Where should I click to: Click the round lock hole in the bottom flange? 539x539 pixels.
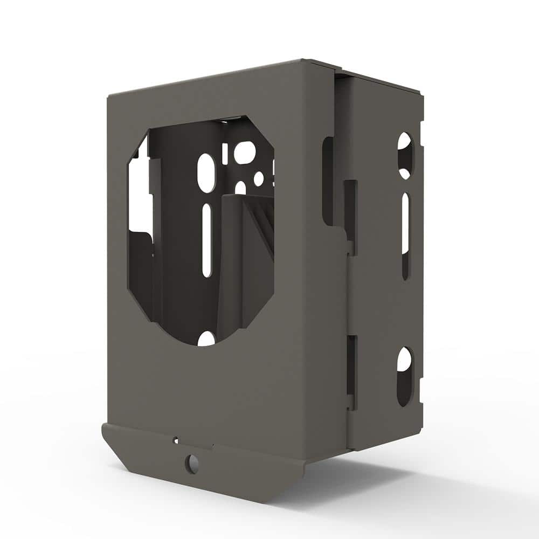[x=191, y=464]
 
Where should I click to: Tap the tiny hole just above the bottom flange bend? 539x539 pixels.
[x=175, y=440]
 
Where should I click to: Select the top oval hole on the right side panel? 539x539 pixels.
[x=405, y=155]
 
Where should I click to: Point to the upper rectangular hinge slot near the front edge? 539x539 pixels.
[x=350, y=210]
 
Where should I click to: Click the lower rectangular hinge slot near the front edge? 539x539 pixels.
[x=351, y=372]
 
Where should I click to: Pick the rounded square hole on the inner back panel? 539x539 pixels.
[x=244, y=153]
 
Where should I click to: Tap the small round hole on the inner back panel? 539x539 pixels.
[x=259, y=178]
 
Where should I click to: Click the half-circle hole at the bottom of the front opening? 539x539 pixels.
[x=206, y=339]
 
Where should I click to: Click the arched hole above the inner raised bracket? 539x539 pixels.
[x=240, y=188]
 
